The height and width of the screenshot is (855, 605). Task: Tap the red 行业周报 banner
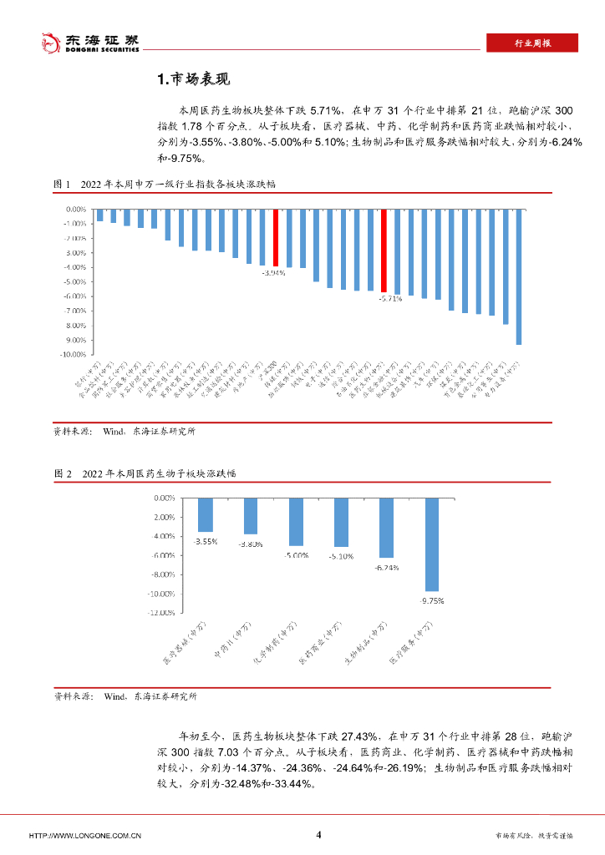point(532,43)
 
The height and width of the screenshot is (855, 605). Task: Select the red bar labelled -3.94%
point(275,237)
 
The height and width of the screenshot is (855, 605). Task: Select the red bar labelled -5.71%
point(384,250)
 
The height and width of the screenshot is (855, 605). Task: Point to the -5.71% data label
point(390,298)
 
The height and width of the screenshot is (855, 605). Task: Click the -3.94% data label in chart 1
point(273,273)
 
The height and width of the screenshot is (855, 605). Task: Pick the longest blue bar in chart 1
point(518,276)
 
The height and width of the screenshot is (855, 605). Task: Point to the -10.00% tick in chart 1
point(76,355)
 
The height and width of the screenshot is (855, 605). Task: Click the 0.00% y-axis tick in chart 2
point(162,498)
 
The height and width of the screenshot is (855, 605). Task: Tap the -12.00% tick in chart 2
point(160,613)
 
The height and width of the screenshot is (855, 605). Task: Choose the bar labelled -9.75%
point(431,544)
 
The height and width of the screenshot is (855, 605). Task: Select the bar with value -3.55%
point(205,515)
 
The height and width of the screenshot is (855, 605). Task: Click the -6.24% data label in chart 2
point(386,567)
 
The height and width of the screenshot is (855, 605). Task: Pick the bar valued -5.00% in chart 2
point(296,522)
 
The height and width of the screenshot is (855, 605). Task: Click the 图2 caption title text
point(160,473)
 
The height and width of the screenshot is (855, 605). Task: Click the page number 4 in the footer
point(318,834)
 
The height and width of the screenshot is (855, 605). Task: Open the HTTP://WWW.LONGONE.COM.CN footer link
point(84,835)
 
